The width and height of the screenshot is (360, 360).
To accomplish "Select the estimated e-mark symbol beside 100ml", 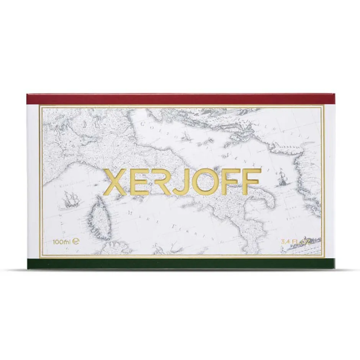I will [77, 242].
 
